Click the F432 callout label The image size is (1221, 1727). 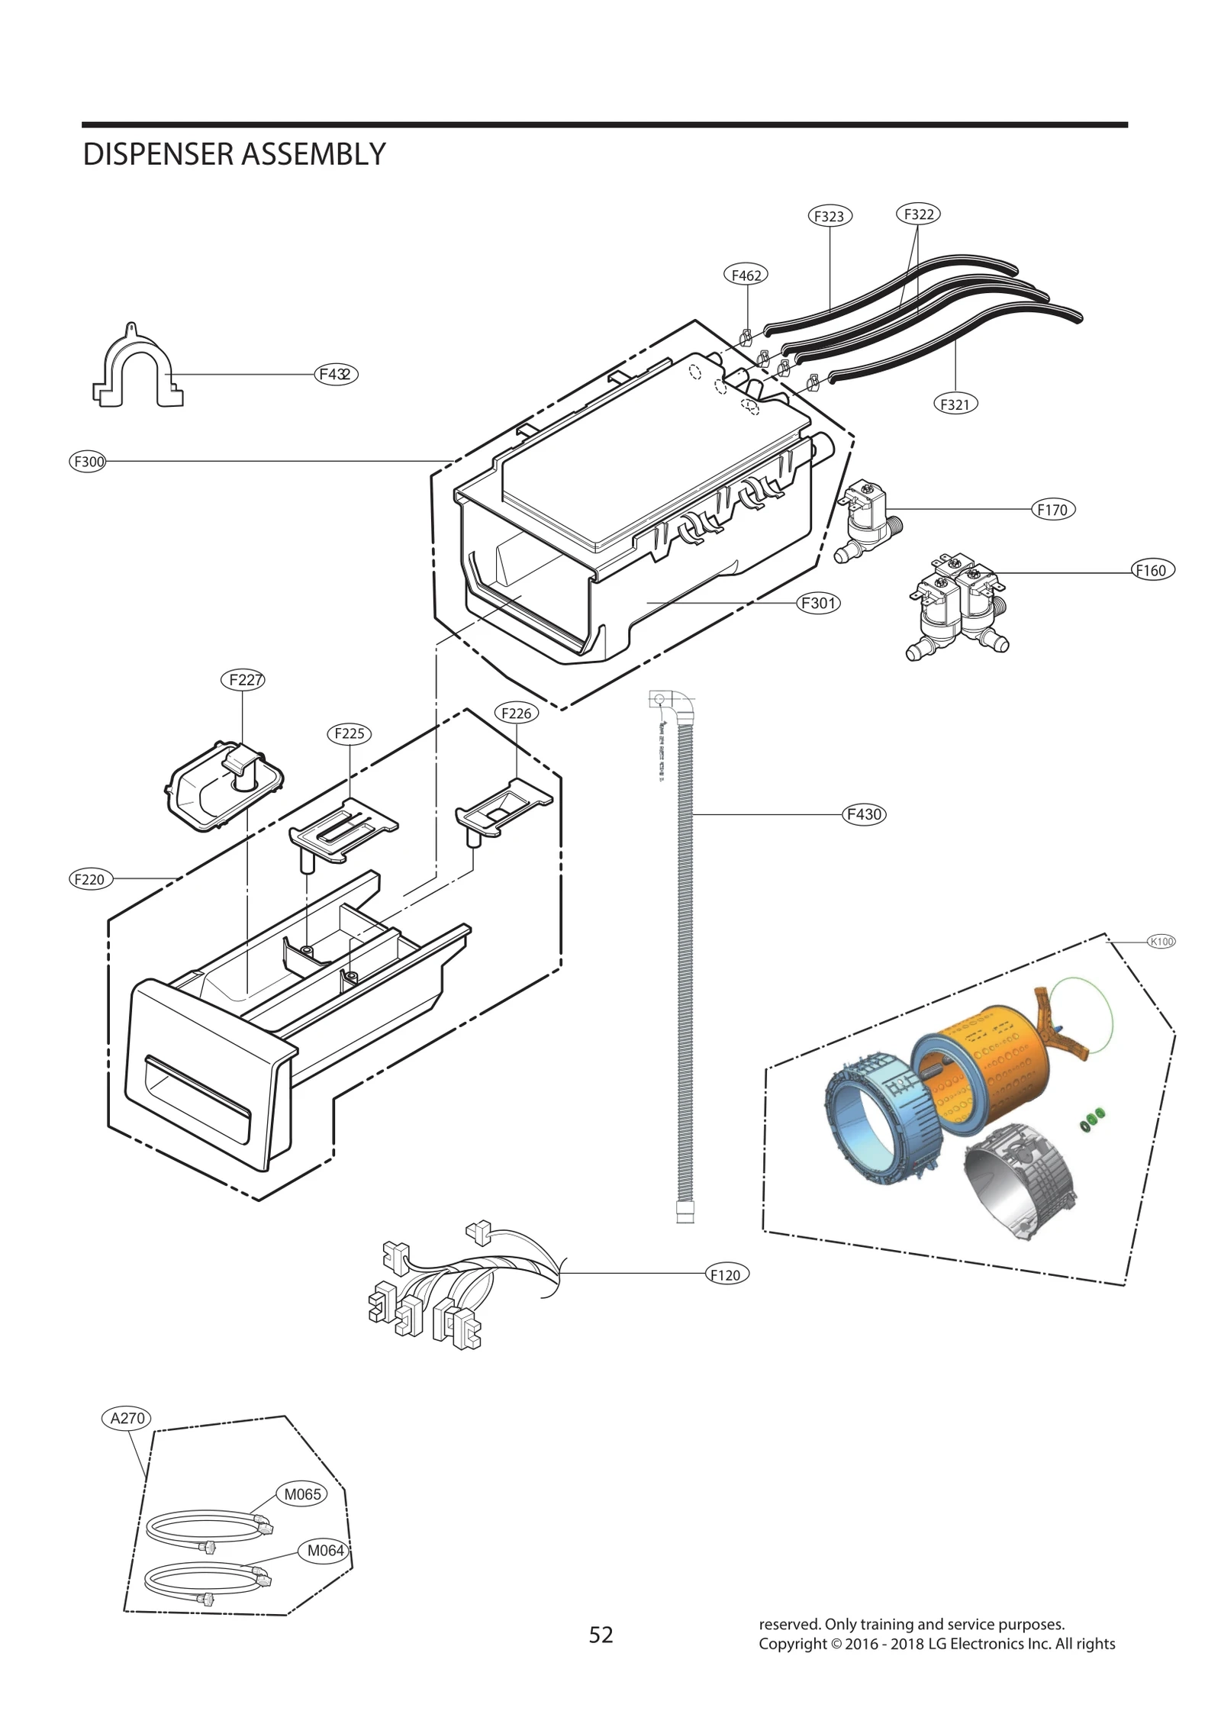[x=336, y=374]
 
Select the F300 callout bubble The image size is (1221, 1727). [x=88, y=461]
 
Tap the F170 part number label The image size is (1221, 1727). [x=1052, y=510]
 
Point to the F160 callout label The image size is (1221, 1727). [x=1152, y=570]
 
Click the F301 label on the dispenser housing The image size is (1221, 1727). [x=818, y=603]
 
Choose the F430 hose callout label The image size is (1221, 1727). [x=864, y=814]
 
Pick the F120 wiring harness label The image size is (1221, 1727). [x=725, y=1274]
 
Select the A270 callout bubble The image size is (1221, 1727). [x=127, y=1418]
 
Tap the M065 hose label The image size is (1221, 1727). [x=302, y=1494]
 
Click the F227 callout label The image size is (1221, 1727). [x=243, y=679]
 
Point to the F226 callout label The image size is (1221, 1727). [x=517, y=713]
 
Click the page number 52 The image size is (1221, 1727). [x=601, y=1634]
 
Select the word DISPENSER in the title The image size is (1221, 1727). [x=158, y=154]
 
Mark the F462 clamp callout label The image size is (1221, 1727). [x=746, y=275]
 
